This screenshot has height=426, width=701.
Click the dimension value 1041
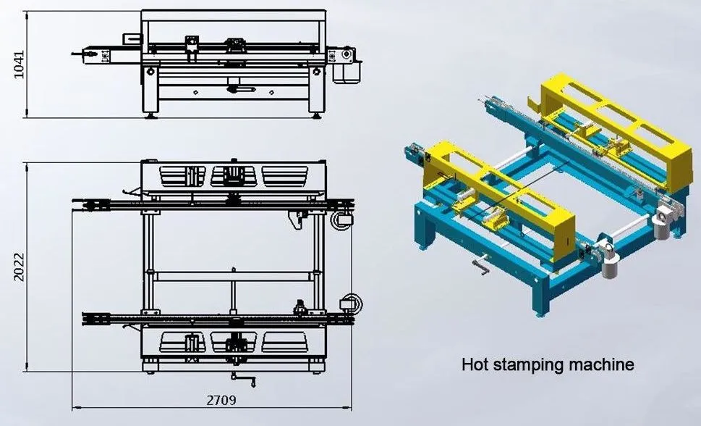19,64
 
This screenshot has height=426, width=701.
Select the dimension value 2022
19,267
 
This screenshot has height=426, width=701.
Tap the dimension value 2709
221,400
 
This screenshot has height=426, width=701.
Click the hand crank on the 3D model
480,265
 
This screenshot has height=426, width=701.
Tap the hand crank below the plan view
244,380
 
